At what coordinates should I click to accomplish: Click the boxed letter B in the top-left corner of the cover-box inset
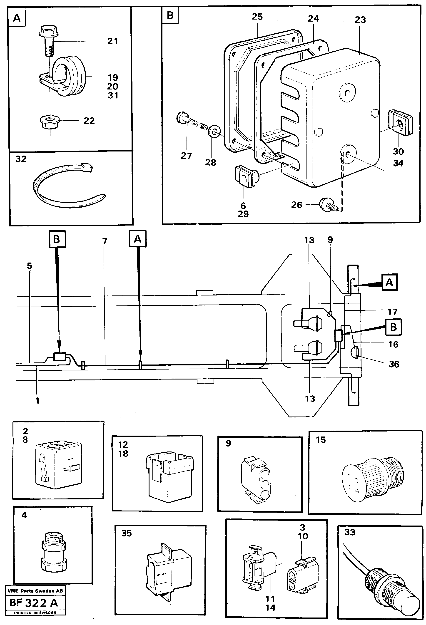click(x=170, y=15)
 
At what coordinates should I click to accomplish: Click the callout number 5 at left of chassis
click(x=29, y=266)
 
